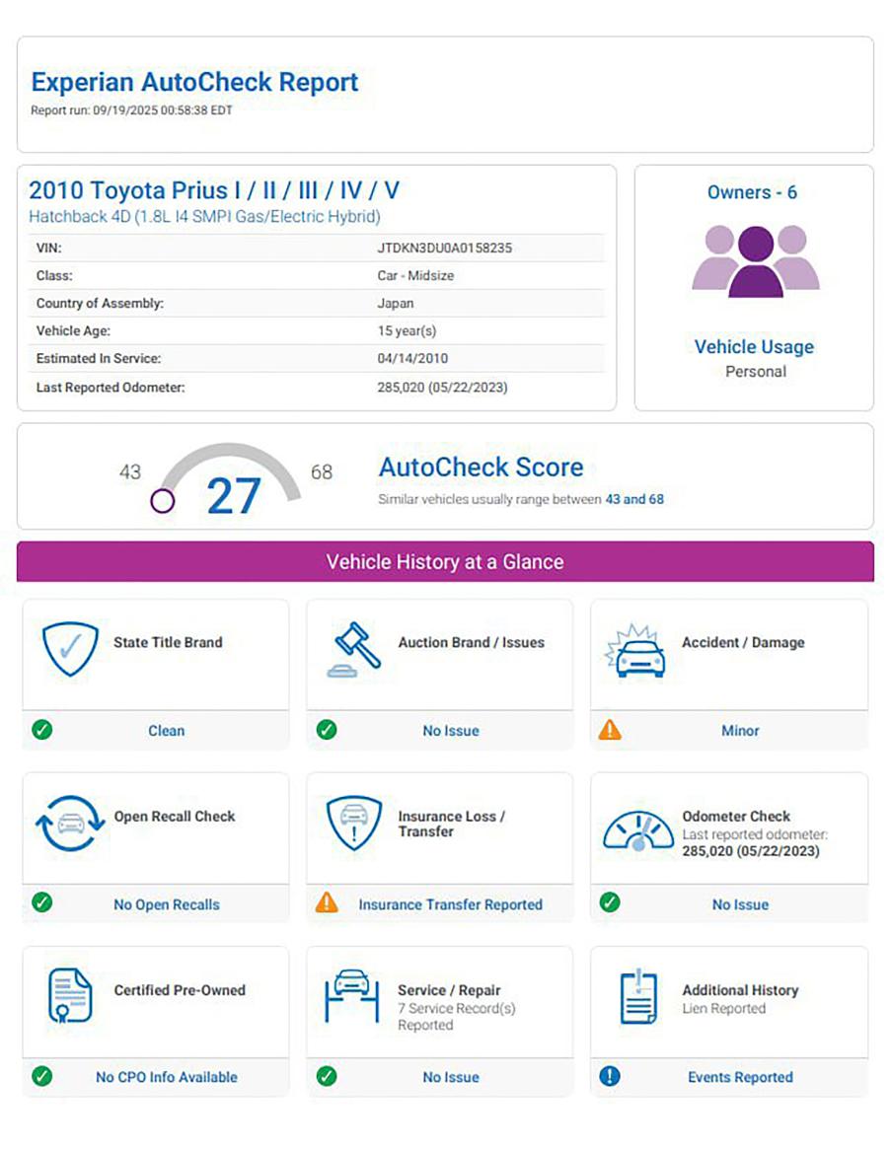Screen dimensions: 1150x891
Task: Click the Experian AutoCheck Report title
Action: click(x=194, y=82)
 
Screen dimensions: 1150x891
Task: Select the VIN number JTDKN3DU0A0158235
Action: click(x=444, y=249)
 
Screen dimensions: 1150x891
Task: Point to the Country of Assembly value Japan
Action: click(x=396, y=304)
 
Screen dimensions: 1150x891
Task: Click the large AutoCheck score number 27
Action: click(x=234, y=496)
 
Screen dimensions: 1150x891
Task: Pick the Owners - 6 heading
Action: click(x=753, y=192)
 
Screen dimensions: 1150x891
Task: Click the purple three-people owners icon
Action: click(x=755, y=260)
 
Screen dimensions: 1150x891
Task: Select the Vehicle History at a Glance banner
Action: click(x=445, y=562)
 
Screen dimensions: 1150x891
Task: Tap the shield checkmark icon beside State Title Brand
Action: click(x=70, y=648)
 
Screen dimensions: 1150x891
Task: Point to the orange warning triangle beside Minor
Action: click(x=610, y=730)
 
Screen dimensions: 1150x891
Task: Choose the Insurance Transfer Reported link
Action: click(x=450, y=904)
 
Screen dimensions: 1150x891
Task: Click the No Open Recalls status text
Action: click(x=167, y=904)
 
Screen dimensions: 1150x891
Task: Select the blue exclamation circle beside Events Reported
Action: click(x=610, y=1076)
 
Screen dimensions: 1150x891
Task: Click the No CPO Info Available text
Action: click(x=167, y=1077)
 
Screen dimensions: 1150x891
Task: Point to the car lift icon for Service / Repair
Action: click(x=352, y=996)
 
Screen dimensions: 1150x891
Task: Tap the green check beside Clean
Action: click(x=42, y=730)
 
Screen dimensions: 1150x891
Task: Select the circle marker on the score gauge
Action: click(x=163, y=500)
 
